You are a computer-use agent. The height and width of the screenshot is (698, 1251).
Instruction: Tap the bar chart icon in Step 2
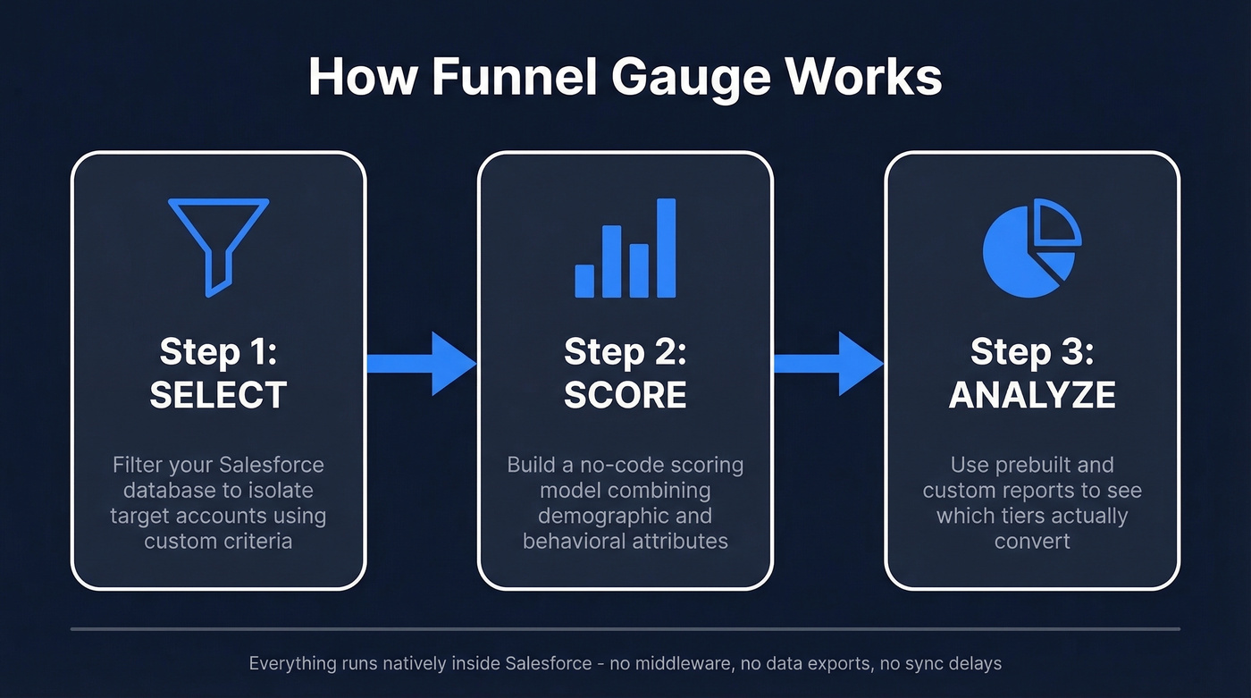click(625, 248)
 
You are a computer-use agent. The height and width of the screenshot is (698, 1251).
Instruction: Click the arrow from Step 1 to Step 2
click(422, 363)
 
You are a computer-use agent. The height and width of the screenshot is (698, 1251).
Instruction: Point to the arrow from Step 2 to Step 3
click(828, 363)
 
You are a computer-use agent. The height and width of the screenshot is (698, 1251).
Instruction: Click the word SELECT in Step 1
click(218, 395)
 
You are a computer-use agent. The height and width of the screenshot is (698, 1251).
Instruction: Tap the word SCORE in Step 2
click(625, 395)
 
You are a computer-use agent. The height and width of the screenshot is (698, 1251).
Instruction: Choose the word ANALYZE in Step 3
click(1032, 395)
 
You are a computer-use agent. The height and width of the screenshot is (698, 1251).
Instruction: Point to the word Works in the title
click(866, 77)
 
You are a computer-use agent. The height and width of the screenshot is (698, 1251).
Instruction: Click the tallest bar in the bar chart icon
click(667, 248)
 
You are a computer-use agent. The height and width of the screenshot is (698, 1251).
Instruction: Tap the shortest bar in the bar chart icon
click(584, 280)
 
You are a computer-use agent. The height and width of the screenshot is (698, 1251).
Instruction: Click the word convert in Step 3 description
click(1032, 541)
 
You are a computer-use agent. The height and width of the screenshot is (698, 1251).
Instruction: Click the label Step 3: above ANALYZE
click(1032, 352)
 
